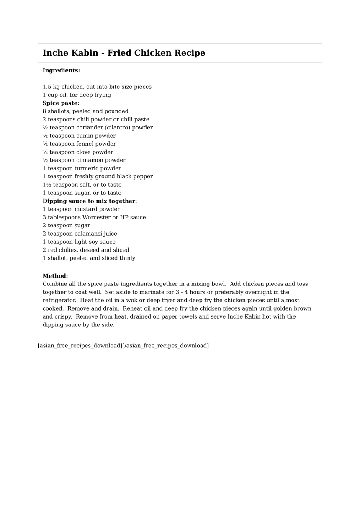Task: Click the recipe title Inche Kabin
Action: (123, 53)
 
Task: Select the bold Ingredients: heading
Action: (61, 71)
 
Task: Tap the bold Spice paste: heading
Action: (61, 103)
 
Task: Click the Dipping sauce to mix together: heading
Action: (90, 201)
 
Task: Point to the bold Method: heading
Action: (55, 276)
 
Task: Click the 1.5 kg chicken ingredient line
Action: (97, 87)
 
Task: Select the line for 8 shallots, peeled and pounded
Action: (85, 111)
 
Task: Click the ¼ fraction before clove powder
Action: (45, 152)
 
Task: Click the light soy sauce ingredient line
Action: (79, 242)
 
